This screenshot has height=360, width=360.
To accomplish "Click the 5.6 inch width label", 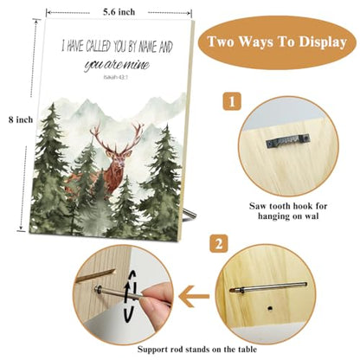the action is click(x=119, y=12).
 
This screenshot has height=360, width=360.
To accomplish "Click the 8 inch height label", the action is click(x=21, y=119).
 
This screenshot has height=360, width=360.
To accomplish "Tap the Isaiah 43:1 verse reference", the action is click(x=115, y=77).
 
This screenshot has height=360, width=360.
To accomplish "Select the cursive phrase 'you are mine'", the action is click(x=117, y=65).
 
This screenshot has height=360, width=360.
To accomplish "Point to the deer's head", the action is click(x=119, y=158).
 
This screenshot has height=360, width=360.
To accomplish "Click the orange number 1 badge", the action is click(x=232, y=101).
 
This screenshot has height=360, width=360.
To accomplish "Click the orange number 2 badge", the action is click(x=219, y=244).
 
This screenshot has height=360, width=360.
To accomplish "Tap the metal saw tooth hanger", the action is click(x=288, y=141).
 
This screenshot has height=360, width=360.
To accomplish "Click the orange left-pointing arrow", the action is click(x=194, y=296).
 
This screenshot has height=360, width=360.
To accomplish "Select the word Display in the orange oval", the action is click(x=323, y=42).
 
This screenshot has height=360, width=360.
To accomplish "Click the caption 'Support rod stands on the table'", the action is click(x=196, y=350).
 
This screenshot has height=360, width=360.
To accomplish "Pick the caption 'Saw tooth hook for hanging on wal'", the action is click(x=288, y=211).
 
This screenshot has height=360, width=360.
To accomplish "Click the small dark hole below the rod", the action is click(x=269, y=308).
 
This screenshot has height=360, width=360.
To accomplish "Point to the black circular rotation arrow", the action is click(x=128, y=296).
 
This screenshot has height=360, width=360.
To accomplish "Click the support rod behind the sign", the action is click(x=190, y=214).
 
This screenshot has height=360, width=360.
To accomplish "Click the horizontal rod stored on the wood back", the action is click(x=268, y=287).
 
